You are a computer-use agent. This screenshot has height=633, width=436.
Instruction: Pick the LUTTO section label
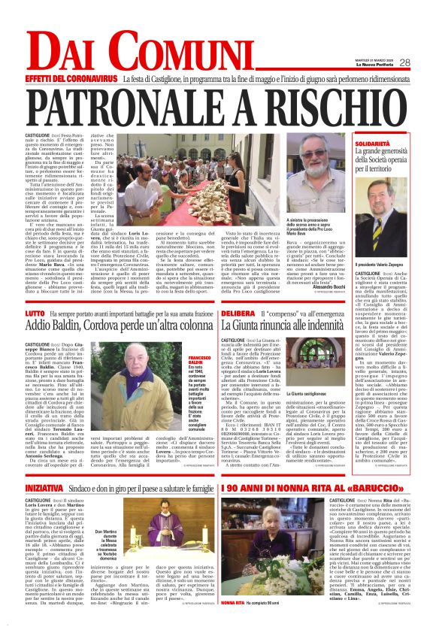pos(35,312)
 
